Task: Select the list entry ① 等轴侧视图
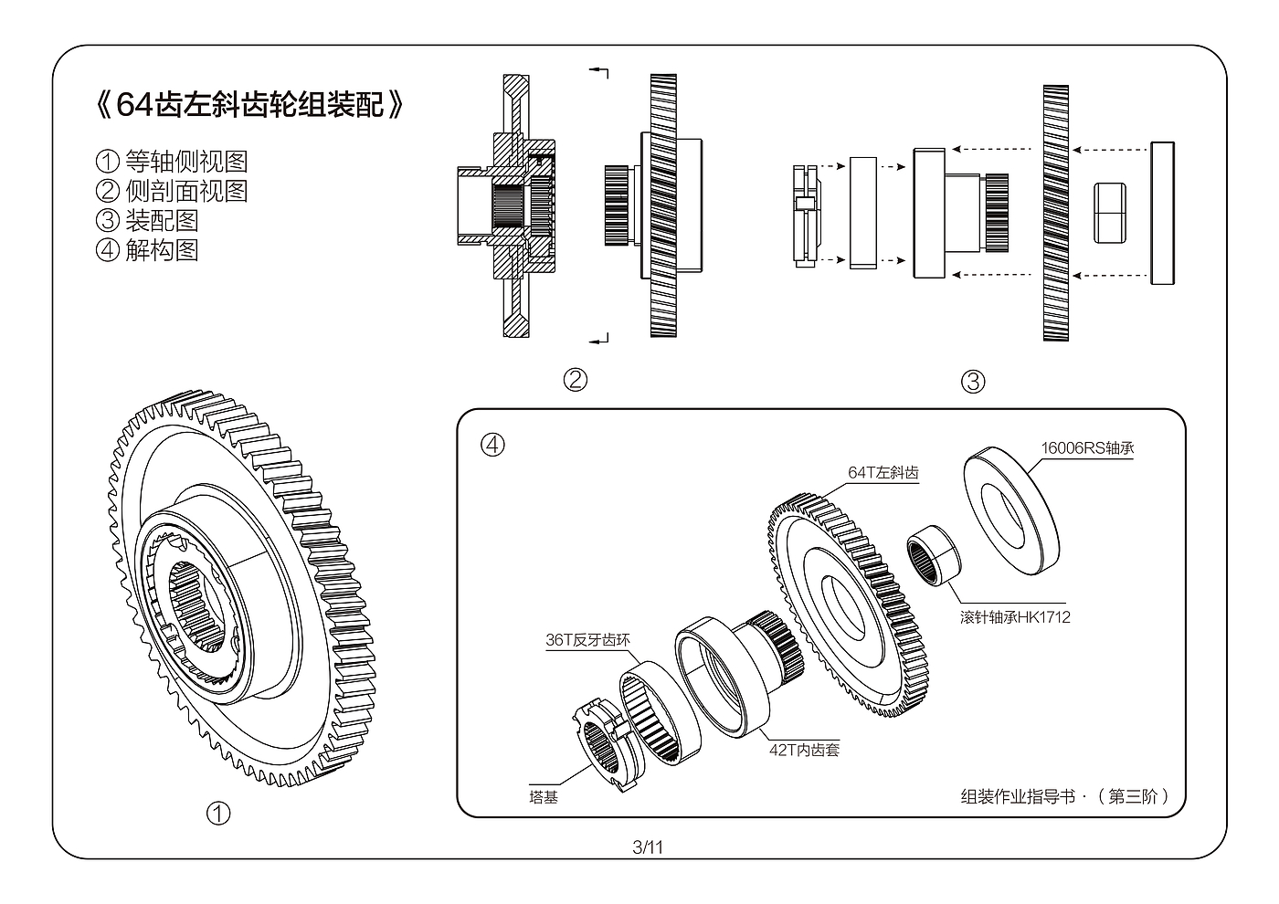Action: [172, 163]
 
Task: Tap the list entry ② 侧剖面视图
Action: [172, 192]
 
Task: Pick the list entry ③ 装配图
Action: [147, 221]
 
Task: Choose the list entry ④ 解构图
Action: [147, 250]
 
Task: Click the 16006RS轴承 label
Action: [1087, 447]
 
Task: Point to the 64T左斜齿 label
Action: [883, 472]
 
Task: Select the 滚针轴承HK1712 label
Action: [1014, 617]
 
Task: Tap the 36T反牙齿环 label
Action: [587, 640]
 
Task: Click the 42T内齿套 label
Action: [804, 751]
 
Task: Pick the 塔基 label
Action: [544, 797]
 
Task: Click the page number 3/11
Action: [648, 847]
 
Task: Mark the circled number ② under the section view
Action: [575, 380]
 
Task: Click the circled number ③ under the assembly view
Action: [973, 382]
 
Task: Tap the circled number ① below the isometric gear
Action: [218, 813]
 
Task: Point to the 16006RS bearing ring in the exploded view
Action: [1010, 509]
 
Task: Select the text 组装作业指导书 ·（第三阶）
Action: [1065, 796]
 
